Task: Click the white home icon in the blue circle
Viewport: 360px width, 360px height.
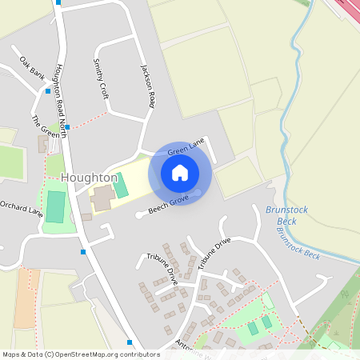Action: pos(180,172)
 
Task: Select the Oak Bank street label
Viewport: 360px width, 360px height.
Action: pos(32,68)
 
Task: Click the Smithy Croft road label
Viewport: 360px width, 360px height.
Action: pos(101,78)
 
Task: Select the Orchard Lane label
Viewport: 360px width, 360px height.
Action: pos(21,210)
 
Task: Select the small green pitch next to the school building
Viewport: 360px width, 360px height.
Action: pos(120,186)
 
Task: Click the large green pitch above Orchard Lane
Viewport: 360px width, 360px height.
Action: pos(55,206)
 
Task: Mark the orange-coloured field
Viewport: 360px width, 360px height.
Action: pos(26,297)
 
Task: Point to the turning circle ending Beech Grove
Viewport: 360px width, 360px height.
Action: pos(139,214)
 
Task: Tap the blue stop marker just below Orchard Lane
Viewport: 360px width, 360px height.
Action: pos(83,252)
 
